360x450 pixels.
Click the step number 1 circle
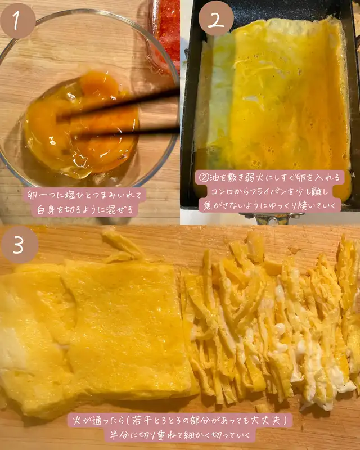(18, 21)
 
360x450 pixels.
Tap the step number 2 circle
(216, 19)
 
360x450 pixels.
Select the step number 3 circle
(20, 245)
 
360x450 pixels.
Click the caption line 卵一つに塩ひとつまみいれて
(85, 195)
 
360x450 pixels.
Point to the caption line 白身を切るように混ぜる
(85, 210)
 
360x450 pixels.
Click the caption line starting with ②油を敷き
(270, 178)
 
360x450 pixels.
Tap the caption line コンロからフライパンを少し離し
(269, 191)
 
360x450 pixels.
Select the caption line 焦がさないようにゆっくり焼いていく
(269, 205)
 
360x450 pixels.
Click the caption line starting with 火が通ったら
(180, 421)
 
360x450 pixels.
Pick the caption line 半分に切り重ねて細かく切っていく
(181, 435)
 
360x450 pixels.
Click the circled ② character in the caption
(204, 178)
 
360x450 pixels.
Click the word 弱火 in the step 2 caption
(254, 178)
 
